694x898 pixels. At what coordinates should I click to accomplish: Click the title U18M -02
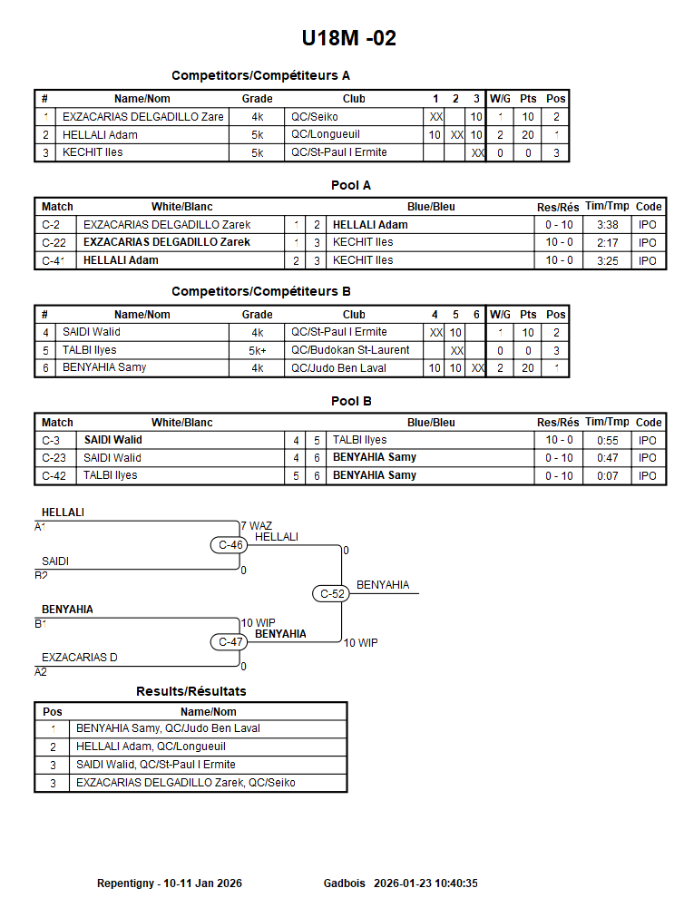(348, 38)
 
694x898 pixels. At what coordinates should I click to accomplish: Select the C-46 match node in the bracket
(231, 545)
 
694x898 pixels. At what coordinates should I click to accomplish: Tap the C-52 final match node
(333, 593)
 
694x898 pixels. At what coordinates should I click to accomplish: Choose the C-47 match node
(231, 642)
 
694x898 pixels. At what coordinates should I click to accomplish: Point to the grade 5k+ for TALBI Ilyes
(258, 350)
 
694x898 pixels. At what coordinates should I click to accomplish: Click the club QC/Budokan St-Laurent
(350, 350)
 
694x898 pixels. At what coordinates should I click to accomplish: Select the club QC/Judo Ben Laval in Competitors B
(338, 368)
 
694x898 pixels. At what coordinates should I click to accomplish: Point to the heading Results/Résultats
(191, 691)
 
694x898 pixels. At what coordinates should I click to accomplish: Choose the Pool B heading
(351, 401)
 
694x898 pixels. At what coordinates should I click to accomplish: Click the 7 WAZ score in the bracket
(256, 525)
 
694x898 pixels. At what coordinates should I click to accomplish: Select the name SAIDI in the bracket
(55, 561)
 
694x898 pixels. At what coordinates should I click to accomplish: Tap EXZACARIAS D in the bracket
(80, 658)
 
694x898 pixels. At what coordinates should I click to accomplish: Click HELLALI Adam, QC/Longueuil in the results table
(151, 747)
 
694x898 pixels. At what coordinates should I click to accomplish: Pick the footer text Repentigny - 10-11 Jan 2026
(170, 883)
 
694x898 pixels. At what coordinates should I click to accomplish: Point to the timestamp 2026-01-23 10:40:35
(425, 883)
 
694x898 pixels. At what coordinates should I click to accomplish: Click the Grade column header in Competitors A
(257, 99)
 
